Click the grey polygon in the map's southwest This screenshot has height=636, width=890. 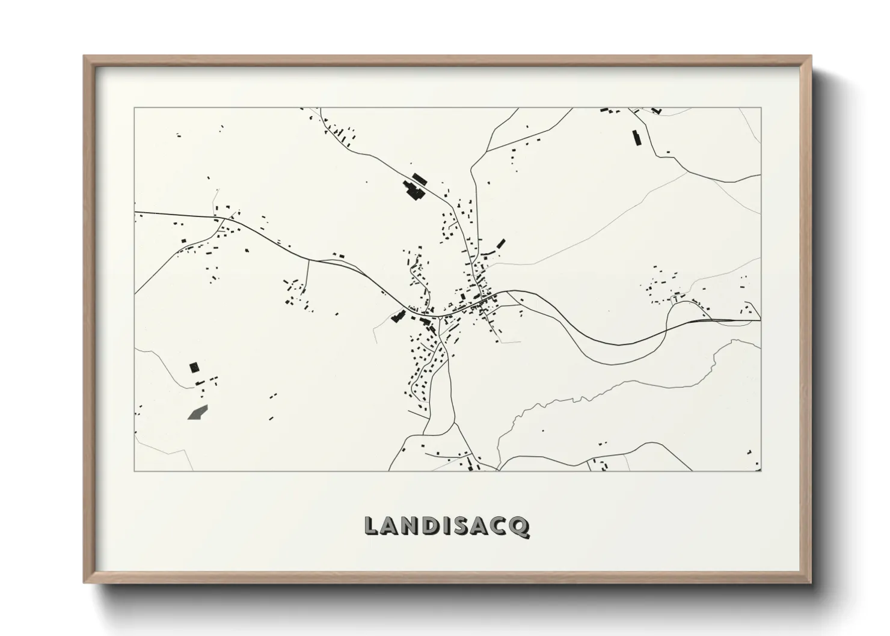pos(197,412)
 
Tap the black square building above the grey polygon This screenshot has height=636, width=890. pos(194,367)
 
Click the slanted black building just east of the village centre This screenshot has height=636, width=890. pos(500,244)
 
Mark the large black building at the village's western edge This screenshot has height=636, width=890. pos(397,316)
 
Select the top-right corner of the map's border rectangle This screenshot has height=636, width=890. pos(761,108)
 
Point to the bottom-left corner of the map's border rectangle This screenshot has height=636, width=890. pos(135,471)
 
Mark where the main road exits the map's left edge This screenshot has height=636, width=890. pos(136,212)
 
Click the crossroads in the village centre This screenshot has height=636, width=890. pos(481,298)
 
